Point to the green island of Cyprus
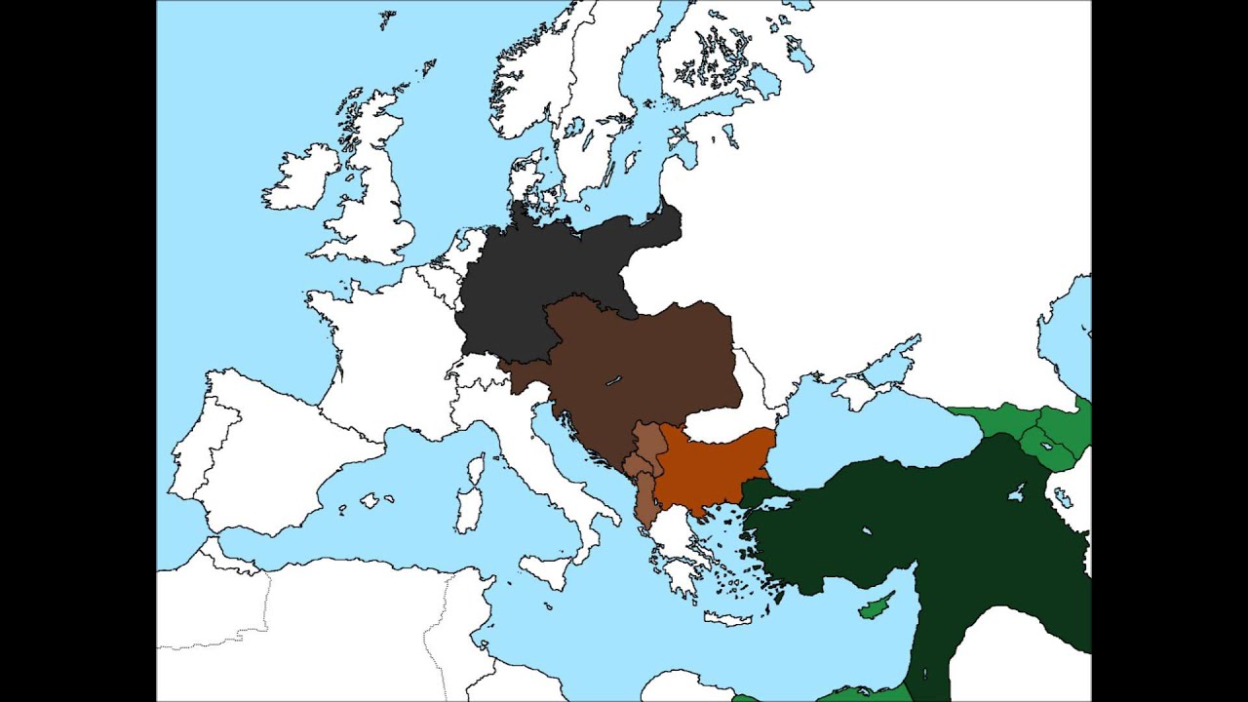pos(876,607)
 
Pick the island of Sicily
pos(545,570)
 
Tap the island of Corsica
pos(475,470)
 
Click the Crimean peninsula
pos(854,391)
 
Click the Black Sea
pos(858,439)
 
